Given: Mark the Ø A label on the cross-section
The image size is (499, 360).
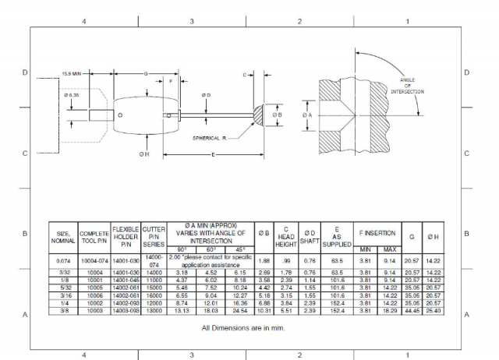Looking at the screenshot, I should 306,115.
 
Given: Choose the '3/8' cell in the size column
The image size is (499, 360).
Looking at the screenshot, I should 63,310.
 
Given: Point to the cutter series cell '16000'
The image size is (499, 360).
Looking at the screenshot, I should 154,296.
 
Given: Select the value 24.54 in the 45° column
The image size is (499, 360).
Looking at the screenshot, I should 238,310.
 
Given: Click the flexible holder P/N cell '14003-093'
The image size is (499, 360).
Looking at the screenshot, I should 125,310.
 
